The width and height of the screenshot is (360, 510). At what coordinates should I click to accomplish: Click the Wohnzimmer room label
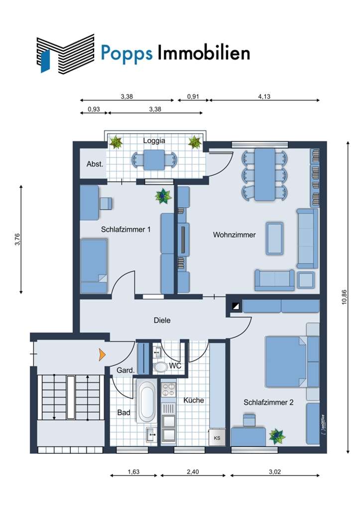[234, 235]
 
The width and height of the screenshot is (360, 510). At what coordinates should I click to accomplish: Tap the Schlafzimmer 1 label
[126, 229]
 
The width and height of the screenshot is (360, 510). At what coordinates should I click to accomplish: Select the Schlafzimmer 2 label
[268, 402]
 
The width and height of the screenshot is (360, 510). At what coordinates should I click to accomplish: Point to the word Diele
[162, 320]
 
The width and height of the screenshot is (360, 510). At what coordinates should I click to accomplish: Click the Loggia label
[154, 141]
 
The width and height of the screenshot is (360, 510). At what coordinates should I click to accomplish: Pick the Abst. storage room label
[95, 164]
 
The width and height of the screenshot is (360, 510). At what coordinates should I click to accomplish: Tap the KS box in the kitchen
[217, 438]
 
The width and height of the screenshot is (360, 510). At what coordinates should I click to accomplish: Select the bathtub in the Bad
[146, 400]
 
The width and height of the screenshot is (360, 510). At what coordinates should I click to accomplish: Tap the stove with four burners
[168, 389]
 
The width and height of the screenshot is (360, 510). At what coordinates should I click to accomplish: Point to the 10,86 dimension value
[345, 297]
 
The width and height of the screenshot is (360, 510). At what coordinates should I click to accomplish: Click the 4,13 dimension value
[264, 96]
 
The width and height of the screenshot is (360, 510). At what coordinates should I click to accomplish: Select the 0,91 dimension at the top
[193, 96]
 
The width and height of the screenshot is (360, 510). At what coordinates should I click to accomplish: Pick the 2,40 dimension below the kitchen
[193, 472]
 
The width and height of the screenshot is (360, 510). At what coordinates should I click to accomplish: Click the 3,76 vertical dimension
[17, 240]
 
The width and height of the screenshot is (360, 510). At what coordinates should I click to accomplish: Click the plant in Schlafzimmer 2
[277, 436]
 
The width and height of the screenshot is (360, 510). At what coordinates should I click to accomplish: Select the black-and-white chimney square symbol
[236, 306]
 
